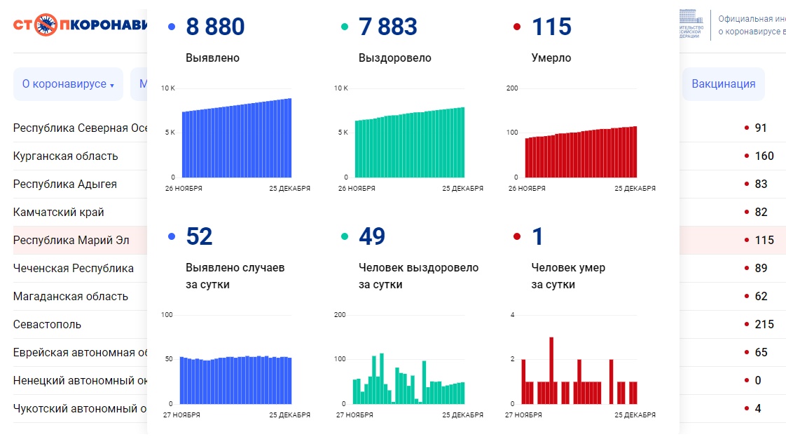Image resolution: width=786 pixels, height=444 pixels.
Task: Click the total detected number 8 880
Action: point(215,27)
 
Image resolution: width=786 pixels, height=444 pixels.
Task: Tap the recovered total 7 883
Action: point(387,27)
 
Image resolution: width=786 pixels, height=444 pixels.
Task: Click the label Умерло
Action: point(551,58)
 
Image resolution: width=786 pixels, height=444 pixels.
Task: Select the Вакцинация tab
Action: point(723,84)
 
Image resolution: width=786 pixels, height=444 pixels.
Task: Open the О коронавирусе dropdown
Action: point(68,84)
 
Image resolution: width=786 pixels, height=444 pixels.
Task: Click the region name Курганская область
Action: point(65,156)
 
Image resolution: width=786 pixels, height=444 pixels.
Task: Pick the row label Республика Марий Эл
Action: point(71,240)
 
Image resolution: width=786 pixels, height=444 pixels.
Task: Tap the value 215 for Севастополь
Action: point(764,324)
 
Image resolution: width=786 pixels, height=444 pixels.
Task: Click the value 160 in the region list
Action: point(764,156)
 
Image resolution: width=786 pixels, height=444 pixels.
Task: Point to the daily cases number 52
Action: point(199,237)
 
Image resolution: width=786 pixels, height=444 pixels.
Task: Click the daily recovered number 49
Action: point(372,237)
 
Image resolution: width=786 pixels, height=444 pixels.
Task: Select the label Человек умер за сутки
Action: point(568,276)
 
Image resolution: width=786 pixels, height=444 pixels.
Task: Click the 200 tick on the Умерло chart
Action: point(511,88)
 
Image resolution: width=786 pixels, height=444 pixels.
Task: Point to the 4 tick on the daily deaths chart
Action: point(512,315)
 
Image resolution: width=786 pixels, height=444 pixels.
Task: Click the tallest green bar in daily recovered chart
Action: point(381,379)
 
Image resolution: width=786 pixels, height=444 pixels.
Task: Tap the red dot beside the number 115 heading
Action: point(517,27)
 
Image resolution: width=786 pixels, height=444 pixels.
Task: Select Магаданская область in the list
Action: point(70,296)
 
